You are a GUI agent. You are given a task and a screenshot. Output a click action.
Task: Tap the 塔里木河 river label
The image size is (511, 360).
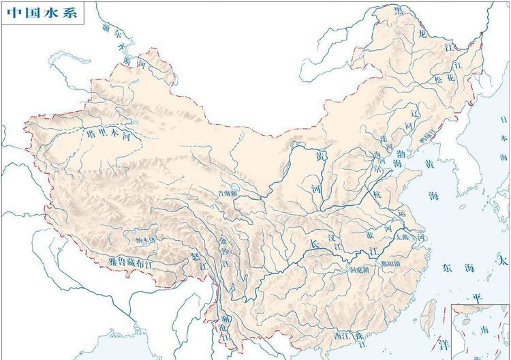coord(113,135)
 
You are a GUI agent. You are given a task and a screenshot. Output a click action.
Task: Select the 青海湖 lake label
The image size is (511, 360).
coord(229,194)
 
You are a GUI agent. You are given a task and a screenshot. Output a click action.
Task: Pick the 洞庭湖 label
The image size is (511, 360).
coord(358,269)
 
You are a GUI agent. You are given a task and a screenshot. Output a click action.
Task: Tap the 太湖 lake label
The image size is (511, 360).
coord(402,237)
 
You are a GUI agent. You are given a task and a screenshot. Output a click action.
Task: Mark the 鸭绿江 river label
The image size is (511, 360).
coord(427,137)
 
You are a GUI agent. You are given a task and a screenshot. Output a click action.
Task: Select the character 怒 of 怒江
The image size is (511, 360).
coord(194,258)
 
